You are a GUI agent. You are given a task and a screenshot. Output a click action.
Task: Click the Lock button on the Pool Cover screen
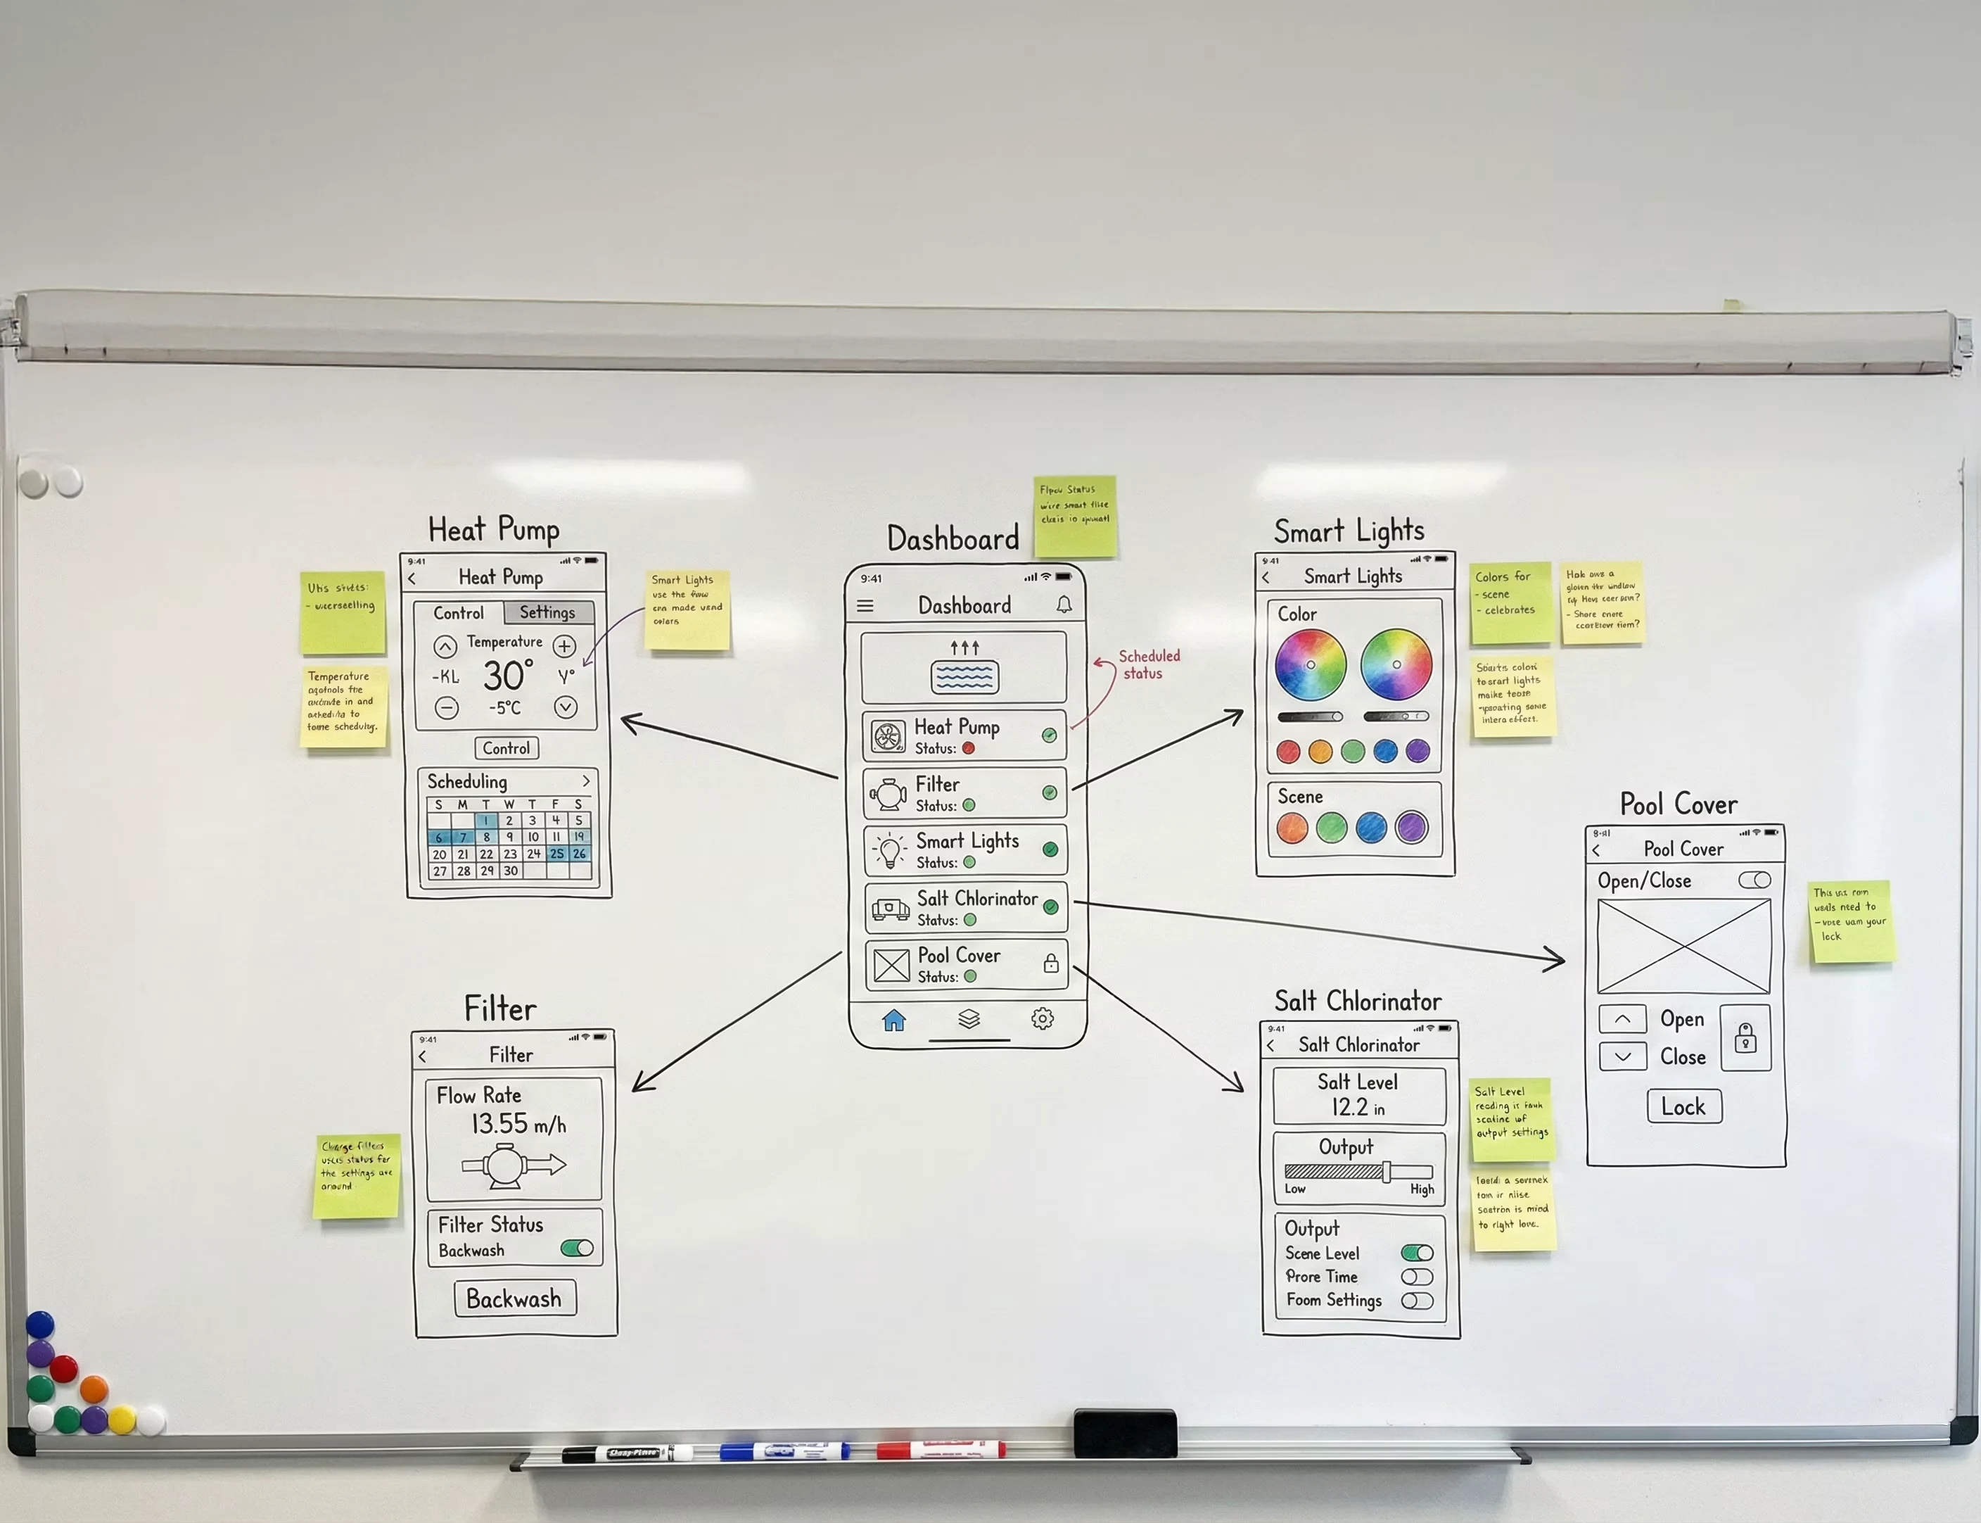click(x=1683, y=1107)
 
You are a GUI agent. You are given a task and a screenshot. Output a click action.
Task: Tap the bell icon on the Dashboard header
click(x=1064, y=605)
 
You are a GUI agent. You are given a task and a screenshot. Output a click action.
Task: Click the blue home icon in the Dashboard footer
click(x=893, y=1020)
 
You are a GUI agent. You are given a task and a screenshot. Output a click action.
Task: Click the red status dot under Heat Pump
click(x=968, y=749)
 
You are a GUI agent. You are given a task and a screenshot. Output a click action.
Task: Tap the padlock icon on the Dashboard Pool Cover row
click(x=1050, y=963)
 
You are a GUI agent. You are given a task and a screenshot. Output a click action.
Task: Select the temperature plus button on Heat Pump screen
click(x=565, y=646)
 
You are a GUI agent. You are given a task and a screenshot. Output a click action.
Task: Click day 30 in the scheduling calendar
click(x=510, y=871)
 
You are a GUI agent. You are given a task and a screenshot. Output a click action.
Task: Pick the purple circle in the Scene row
click(x=1411, y=827)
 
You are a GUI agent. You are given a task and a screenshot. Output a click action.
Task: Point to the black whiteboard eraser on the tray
click(x=1125, y=1432)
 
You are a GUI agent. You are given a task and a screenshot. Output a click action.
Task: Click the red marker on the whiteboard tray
click(x=941, y=1448)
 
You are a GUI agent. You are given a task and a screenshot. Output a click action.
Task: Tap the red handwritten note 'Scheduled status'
click(x=1147, y=664)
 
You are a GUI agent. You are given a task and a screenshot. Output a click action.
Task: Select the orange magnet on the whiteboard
click(x=94, y=1388)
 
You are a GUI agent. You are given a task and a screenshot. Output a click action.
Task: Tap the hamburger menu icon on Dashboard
click(x=865, y=605)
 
